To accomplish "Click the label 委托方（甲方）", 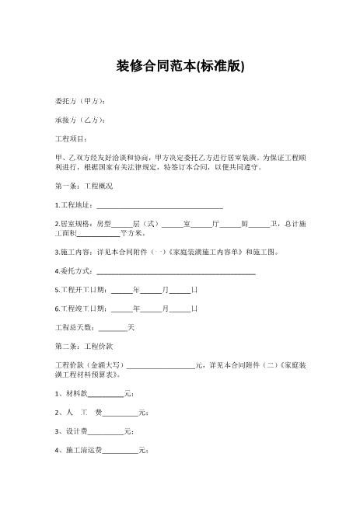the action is tap(80, 102).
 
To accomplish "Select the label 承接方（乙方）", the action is tap(80, 120).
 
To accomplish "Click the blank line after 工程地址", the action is tap(159, 205).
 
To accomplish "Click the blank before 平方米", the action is tap(100, 232).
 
